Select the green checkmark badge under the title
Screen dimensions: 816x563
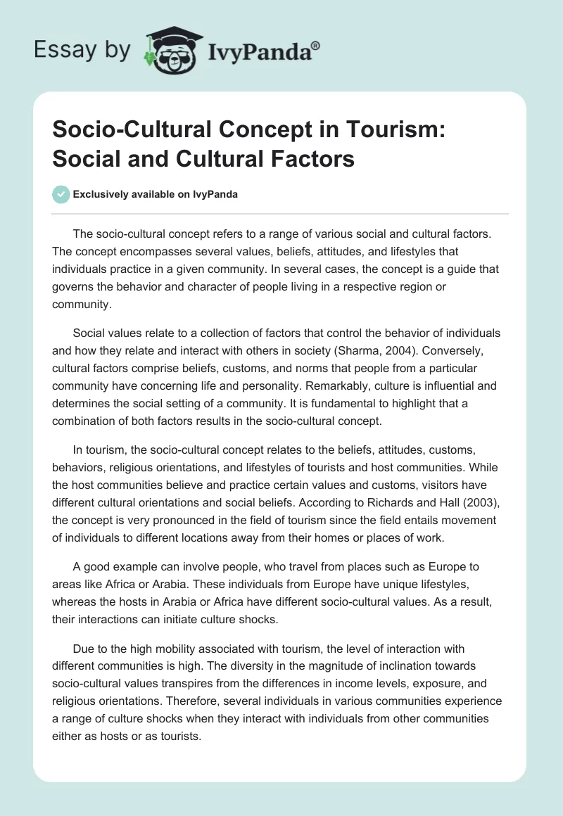[x=61, y=195]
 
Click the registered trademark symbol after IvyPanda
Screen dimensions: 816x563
[x=316, y=45]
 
